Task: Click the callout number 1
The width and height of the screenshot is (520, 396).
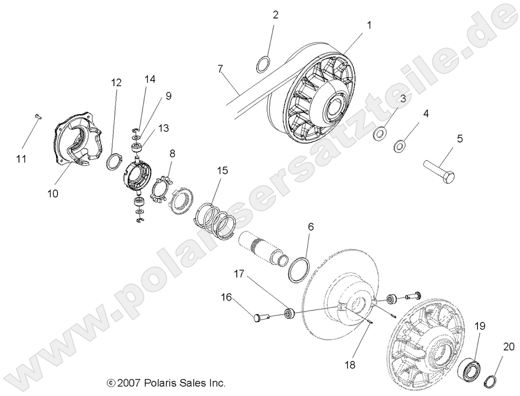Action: [x=369, y=24]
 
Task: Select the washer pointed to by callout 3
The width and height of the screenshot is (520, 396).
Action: [x=380, y=133]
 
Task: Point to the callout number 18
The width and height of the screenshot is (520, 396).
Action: [x=350, y=365]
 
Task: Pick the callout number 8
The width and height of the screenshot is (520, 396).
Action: [x=172, y=153]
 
